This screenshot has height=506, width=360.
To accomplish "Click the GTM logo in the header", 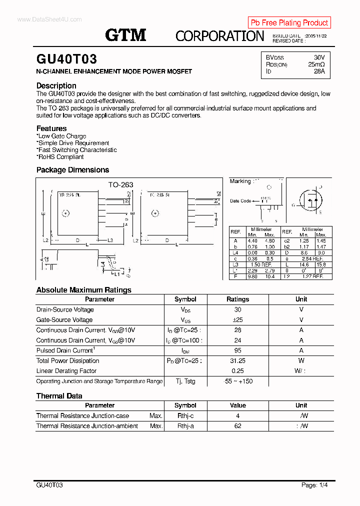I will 125,35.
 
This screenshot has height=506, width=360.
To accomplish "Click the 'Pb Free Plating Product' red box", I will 289,22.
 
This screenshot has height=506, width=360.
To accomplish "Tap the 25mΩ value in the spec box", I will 316,64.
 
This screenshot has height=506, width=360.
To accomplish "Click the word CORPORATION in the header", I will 219,36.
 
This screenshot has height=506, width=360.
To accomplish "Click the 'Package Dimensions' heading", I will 72,170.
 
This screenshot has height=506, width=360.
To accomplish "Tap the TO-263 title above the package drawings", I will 121,184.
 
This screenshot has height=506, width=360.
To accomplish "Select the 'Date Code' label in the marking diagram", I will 240,201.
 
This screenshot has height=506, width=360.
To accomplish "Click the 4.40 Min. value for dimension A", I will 252,240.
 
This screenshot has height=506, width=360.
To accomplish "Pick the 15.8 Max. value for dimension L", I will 321,264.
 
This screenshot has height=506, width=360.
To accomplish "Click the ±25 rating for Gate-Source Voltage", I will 237,320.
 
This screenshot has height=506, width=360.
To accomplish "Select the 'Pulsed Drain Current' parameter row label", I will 64,350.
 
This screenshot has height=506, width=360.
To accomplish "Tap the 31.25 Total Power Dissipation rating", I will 237,361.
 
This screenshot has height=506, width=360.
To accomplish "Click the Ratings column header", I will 237,299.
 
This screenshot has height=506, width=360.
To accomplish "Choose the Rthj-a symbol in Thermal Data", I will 185,426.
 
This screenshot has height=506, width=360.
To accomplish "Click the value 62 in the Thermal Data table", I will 237,426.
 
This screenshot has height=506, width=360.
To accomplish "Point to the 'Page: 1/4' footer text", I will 314,485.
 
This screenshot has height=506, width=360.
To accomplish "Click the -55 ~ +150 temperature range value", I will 237,381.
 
